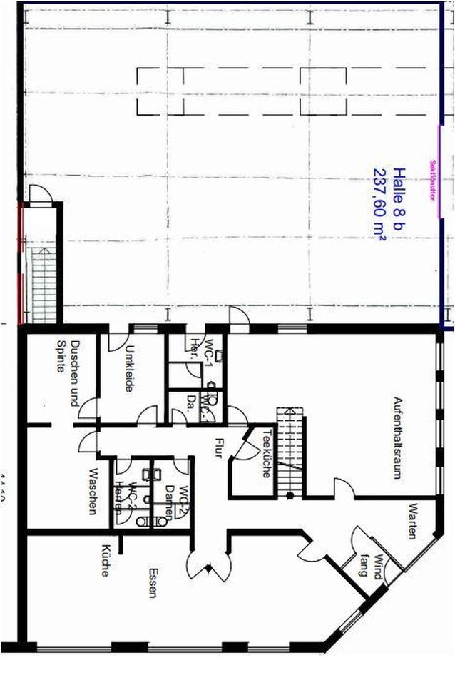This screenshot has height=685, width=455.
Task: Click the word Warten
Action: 412,522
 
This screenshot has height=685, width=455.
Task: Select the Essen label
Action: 153,583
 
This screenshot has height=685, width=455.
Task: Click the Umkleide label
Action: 131,369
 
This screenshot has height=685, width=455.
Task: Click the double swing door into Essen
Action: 208,565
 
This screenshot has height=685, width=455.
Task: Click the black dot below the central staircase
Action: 290,494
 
